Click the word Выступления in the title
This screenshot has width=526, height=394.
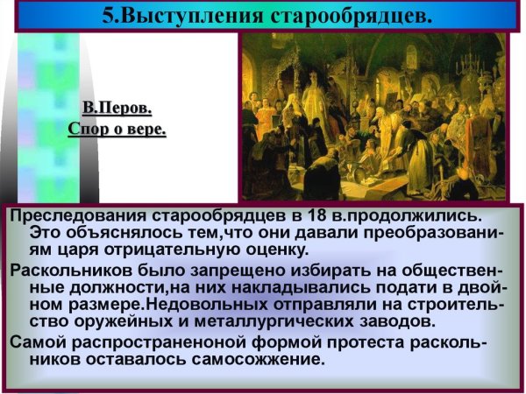click(202, 15)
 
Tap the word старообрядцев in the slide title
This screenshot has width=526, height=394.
click(355, 15)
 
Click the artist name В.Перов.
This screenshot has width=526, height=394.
click(117, 109)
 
